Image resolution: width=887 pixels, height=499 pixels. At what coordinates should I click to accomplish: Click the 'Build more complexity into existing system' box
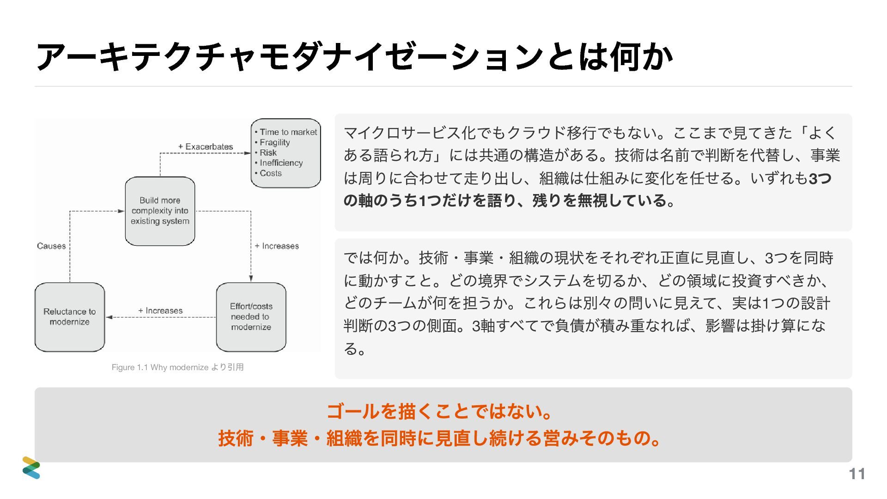pos(160,211)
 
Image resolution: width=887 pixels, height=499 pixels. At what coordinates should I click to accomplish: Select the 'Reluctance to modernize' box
pos(70,317)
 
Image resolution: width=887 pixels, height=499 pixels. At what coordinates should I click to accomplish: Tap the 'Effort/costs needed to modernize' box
pos(251,317)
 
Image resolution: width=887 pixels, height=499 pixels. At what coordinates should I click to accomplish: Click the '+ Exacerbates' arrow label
pos(206,146)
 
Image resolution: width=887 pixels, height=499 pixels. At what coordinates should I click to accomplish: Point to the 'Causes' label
pos(51,246)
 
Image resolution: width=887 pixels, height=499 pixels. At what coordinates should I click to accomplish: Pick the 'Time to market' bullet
pos(288,132)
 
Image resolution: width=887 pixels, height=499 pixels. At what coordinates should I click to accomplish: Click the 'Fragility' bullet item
pos(274,142)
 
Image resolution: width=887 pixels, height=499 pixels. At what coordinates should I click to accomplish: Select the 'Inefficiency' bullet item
pos(281,163)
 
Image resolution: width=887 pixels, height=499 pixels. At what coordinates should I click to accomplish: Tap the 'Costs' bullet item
pos(270,173)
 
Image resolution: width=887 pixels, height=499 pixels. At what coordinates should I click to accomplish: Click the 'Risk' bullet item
pos(268,152)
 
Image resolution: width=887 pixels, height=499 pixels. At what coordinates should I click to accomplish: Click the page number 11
pos(857,474)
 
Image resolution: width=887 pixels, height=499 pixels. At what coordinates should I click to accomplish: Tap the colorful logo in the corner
pos(31,468)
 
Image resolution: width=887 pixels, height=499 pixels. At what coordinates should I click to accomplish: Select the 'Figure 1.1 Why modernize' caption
pos(177,367)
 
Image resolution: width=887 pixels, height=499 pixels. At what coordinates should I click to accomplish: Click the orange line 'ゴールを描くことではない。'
pos(439,411)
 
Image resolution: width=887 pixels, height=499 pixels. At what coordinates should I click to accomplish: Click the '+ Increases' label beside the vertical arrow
pos(277,246)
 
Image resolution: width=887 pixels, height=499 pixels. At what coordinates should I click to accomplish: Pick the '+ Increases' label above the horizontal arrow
pos(160,310)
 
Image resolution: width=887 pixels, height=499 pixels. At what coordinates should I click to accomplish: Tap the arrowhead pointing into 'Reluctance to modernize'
pos(109,317)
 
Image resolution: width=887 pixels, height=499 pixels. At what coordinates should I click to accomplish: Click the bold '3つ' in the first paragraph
pos(820,178)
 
